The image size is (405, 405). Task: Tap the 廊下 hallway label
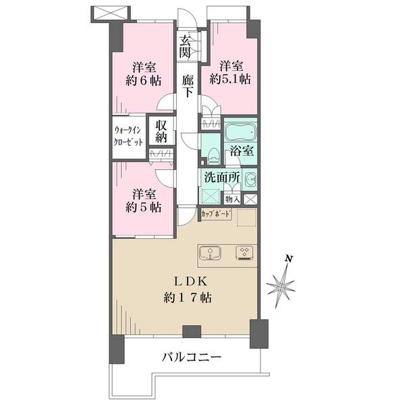(189, 89)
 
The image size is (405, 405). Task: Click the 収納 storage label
(161, 131)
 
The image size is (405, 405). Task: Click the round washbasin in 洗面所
(250, 180)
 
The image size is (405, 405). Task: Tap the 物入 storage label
(232, 199)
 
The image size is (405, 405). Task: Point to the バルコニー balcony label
(191, 356)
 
